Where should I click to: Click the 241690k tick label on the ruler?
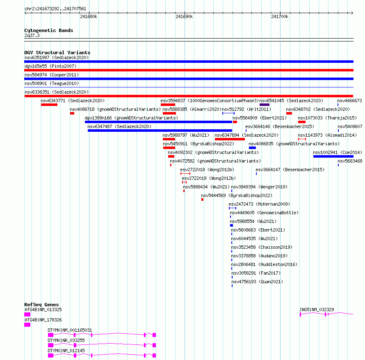[x=184, y=16]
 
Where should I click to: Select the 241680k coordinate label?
[x=89, y=16]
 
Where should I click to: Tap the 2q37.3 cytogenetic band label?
[x=32, y=35]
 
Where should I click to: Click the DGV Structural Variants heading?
[x=57, y=53]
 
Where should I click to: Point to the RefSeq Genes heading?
[x=41, y=305]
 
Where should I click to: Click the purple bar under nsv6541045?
[x=265, y=105]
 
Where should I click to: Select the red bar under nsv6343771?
[x=49, y=105]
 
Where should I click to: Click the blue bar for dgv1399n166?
[x=159, y=122]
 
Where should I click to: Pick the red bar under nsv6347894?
[x=230, y=139]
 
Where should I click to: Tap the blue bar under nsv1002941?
[x=333, y=156]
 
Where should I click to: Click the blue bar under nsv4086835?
[x=252, y=148]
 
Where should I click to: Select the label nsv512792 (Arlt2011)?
[x=246, y=109]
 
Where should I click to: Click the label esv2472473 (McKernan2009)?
[x=259, y=204]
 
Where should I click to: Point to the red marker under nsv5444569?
[x=203, y=199]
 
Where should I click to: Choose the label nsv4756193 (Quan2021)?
[x=257, y=282]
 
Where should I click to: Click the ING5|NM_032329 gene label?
[x=317, y=310]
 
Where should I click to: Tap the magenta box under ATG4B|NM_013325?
[x=27, y=314]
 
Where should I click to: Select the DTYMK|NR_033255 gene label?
[x=66, y=340]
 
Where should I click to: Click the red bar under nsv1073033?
[x=302, y=122]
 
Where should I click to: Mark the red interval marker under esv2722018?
[x=185, y=174]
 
